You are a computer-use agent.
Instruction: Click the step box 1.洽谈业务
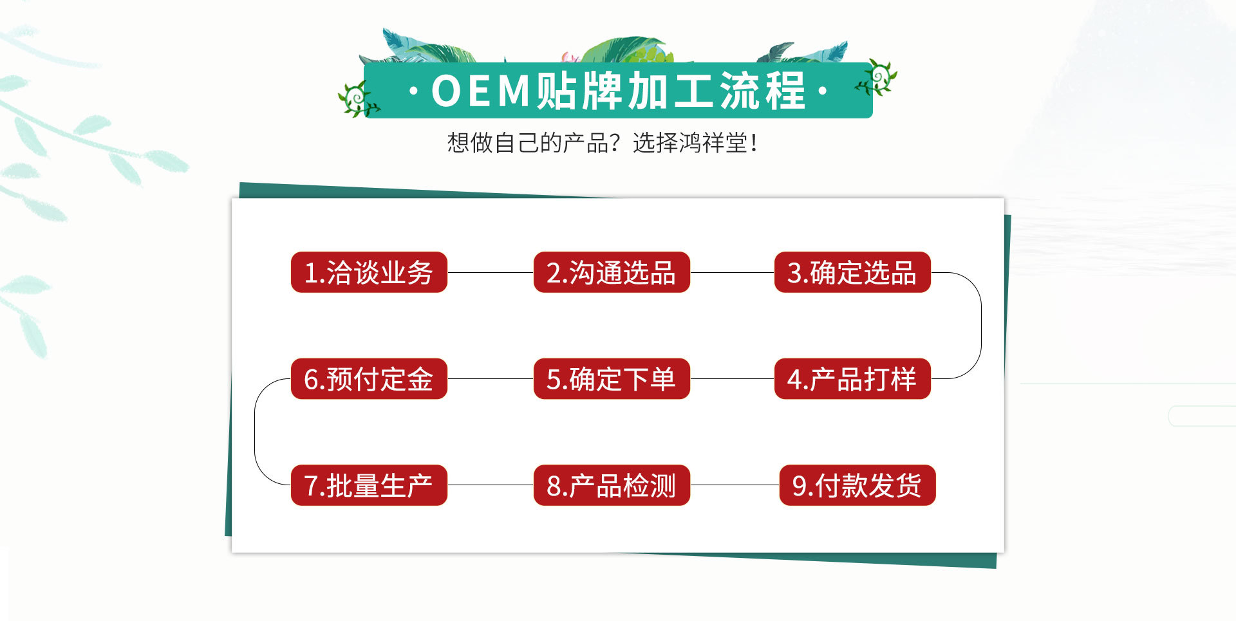[369, 272]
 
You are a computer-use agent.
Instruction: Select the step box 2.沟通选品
[612, 272]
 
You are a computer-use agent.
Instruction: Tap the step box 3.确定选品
[852, 272]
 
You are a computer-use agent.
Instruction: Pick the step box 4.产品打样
[852, 378]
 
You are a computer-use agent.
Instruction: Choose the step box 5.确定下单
[612, 378]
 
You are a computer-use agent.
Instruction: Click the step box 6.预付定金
[369, 378]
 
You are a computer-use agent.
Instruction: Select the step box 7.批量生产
[369, 485]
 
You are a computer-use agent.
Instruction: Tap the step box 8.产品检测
[612, 485]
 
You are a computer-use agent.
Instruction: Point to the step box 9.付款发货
[857, 485]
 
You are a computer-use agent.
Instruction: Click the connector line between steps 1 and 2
[491, 272]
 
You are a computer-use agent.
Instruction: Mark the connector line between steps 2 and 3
[732, 272]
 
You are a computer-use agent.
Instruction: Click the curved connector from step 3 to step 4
[981, 325]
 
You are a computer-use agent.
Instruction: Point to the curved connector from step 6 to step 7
[255, 432]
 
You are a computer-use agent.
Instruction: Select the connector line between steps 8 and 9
[735, 485]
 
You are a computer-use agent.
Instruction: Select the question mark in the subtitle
[616, 143]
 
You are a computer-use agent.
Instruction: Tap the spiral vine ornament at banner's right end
[877, 78]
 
